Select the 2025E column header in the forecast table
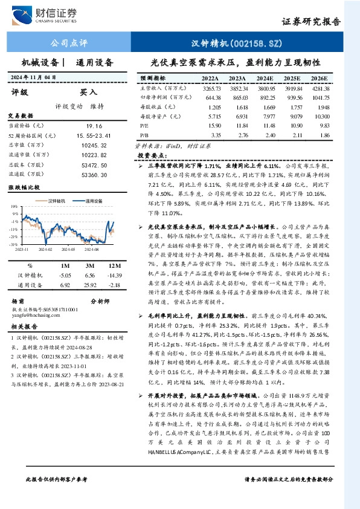click(x=292, y=79)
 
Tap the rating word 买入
click(x=88, y=92)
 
